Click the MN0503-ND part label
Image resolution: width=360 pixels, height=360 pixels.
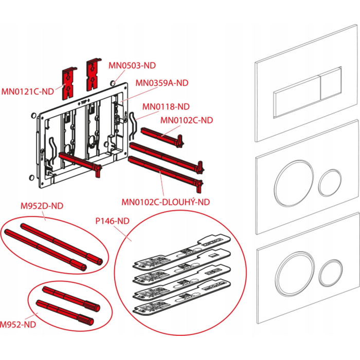point(132,65)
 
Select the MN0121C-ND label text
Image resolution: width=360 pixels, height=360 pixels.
point(27,92)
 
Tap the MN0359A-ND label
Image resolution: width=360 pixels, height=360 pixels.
point(161,82)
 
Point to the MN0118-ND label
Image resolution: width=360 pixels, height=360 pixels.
point(166,106)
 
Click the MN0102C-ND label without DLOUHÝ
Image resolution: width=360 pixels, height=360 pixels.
point(186,120)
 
